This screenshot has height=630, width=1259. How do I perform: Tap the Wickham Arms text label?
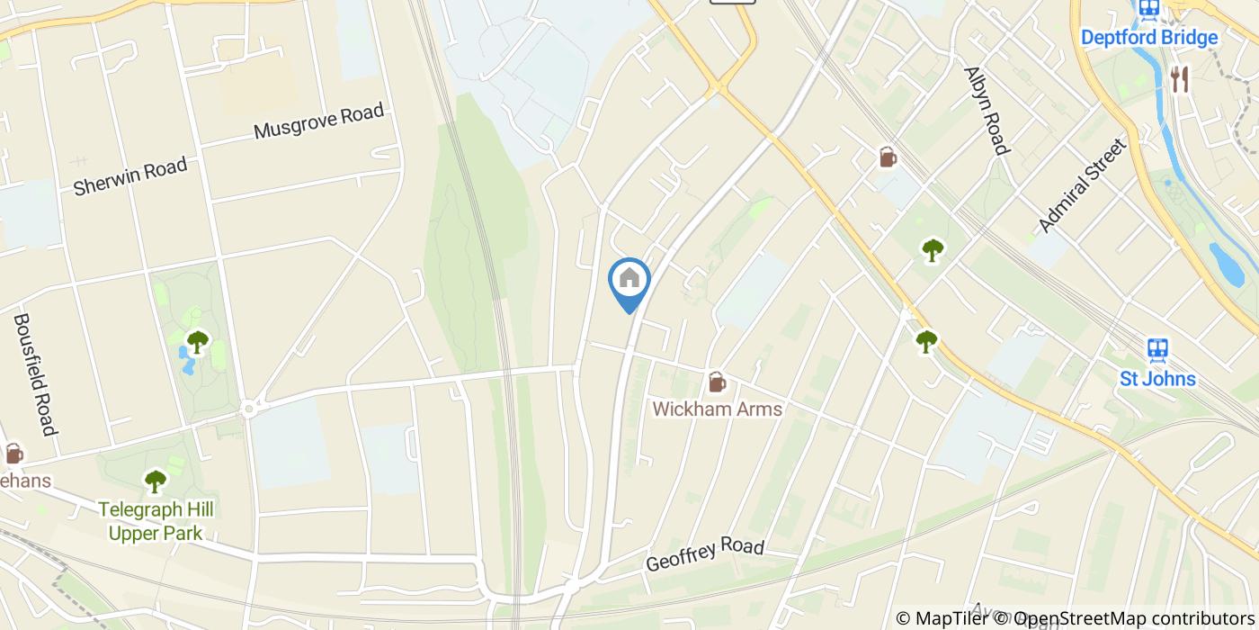[x=717, y=409]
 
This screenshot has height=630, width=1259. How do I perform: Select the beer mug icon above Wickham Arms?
[x=717, y=382]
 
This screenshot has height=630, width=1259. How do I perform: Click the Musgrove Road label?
[x=318, y=121]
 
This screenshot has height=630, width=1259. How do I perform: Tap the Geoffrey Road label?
[x=705, y=554]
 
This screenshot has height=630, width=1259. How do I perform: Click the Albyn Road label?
[x=987, y=110]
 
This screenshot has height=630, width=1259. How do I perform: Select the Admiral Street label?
[x=1081, y=185]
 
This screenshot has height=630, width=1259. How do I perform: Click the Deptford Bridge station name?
[x=1148, y=38]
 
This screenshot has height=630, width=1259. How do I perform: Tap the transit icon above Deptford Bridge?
[x=1148, y=9]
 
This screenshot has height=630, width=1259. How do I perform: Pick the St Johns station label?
[x=1157, y=379]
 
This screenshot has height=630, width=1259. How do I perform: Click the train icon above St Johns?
[x=1157, y=350]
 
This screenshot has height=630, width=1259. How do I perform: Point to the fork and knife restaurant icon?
[x=1180, y=79]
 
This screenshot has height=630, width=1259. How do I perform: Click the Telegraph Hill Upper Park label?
[x=156, y=521]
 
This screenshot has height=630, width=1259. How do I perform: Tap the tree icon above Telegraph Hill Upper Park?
[x=156, y=481]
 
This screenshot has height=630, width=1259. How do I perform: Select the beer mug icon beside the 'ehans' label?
[x=13, y=453]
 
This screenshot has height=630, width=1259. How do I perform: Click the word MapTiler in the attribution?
[x=950, y=618]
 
